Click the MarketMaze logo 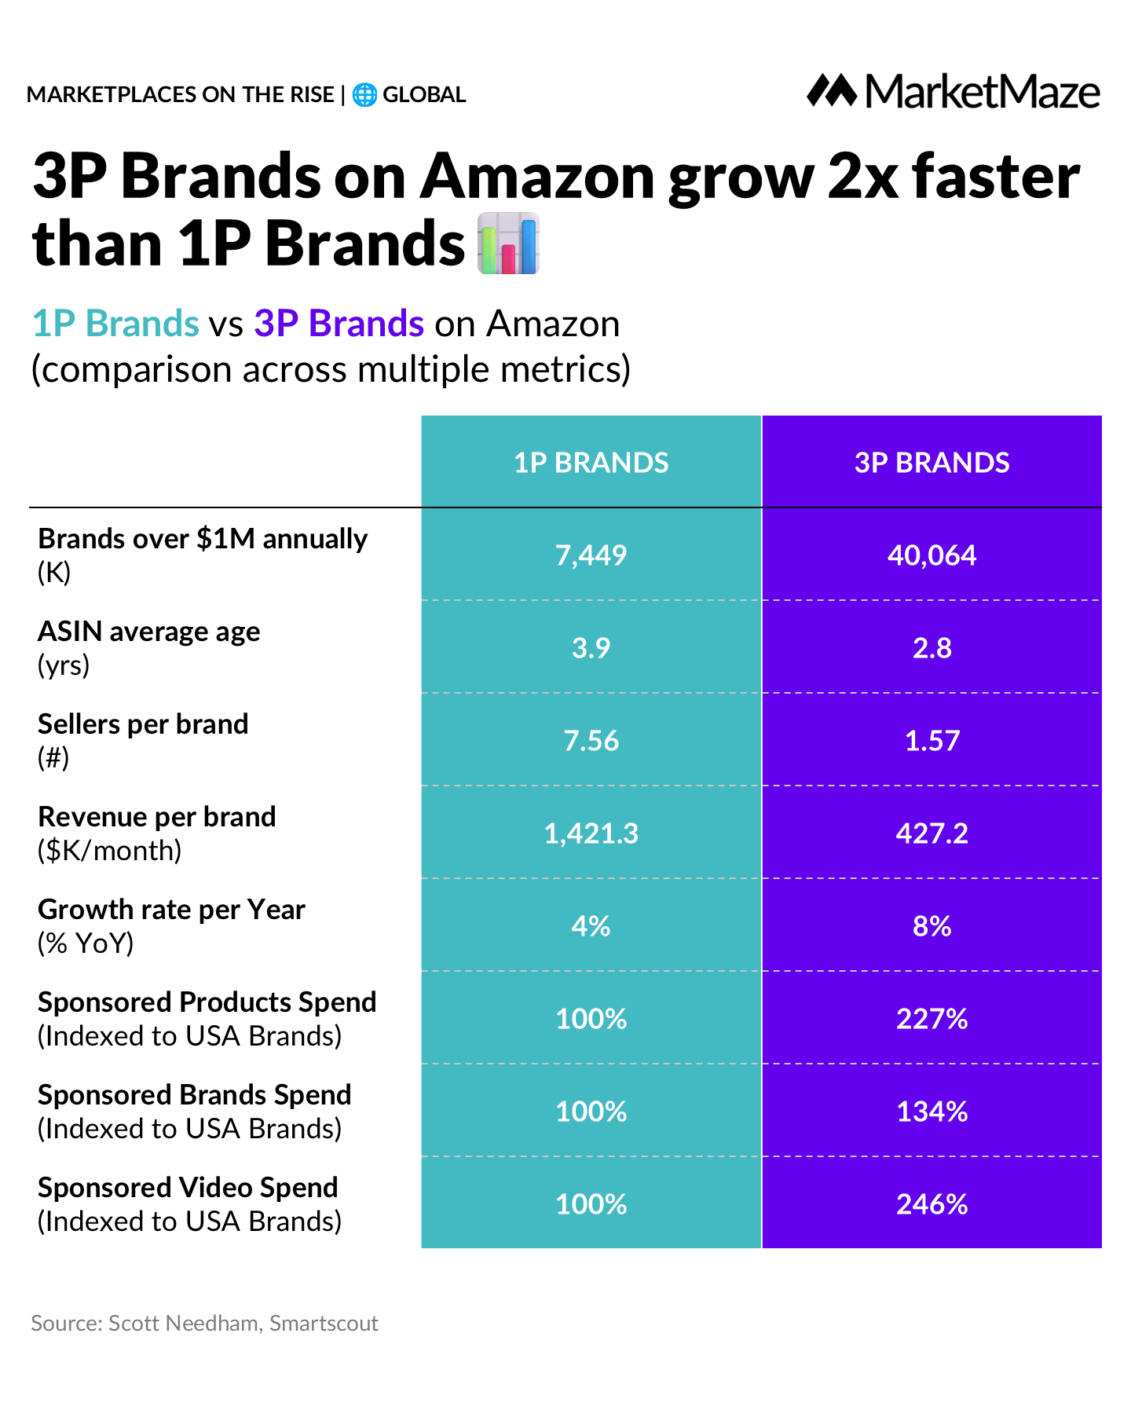[953, 92]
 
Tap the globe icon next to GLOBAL [364, 95]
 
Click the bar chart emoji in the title [509, 244]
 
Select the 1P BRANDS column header [591, 463]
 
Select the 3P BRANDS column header [932, 463]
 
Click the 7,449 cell [591, 555]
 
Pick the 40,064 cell [932, 555]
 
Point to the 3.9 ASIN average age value [591, 648]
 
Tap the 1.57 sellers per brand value [932, 741]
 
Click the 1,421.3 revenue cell [591, 833]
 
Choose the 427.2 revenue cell [932, 833]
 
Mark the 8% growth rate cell [932, 926]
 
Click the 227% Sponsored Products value [932, 1019]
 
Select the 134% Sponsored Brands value [932, 1112]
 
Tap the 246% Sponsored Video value [932, 1204]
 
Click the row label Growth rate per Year [171, 910]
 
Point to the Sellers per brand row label [143, 724]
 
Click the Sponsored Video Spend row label [188, 1188]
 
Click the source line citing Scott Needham [204, 1323]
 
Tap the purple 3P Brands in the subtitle [339, 324]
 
